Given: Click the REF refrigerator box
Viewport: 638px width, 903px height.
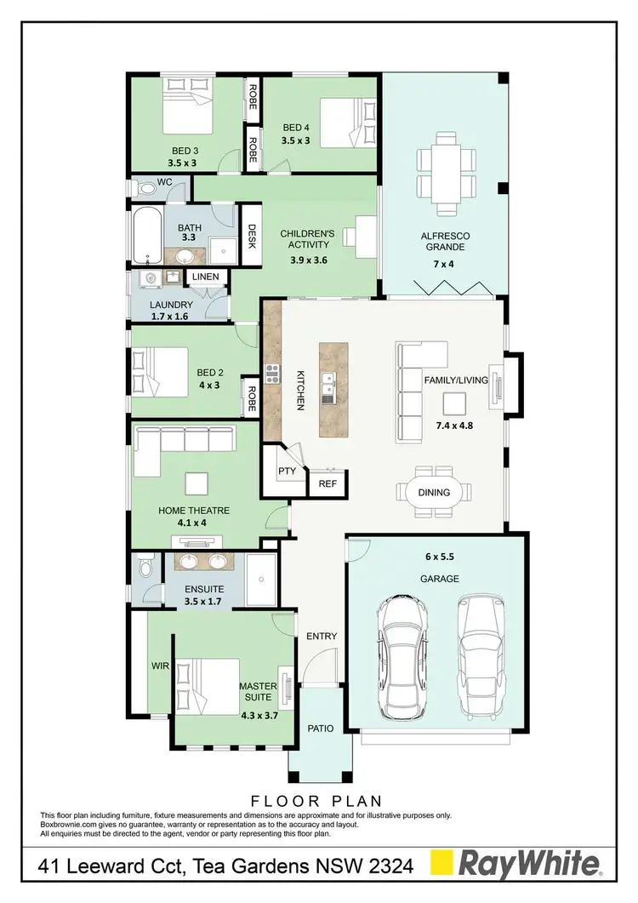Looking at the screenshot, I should [327, 483].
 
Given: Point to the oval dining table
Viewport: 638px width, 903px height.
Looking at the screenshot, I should [434, 492].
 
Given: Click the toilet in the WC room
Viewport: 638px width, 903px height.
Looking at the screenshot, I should [146, 187].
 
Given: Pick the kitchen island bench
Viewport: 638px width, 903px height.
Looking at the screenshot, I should [334, 390].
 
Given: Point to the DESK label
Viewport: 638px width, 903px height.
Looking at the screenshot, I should [252, 232].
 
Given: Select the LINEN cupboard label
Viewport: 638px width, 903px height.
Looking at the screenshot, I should [205, 277].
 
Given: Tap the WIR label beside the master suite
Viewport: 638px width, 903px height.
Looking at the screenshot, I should [159, 666].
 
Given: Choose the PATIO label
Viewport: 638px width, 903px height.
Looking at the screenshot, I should [320, 728].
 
